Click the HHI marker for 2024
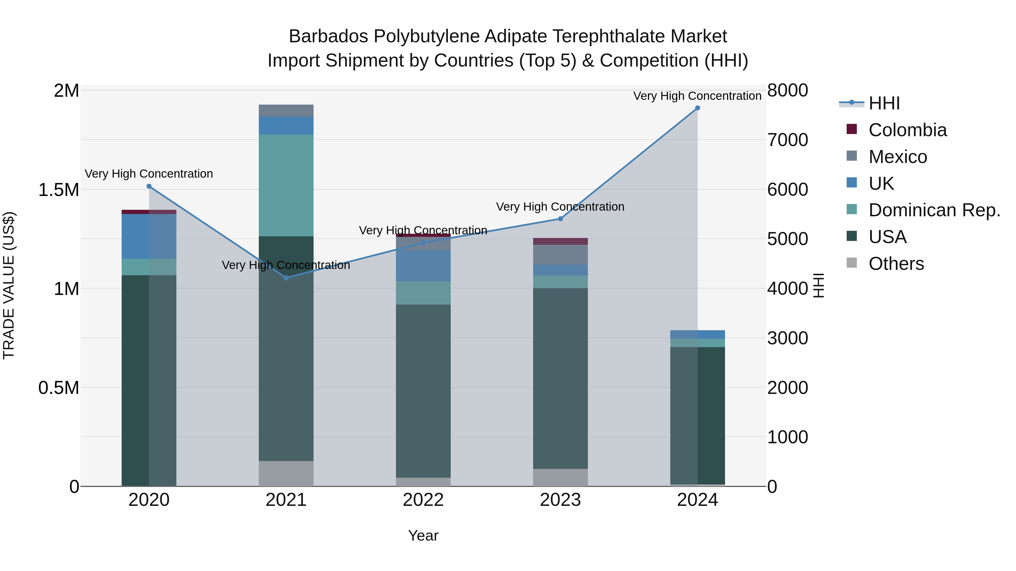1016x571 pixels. (697, 108)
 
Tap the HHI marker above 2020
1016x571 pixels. (149, 186)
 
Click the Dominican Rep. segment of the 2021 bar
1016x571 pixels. (286, 185)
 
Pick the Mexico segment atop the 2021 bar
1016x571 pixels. (286, 111)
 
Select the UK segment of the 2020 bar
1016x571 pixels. (149, 237)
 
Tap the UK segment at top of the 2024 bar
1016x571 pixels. (697, 334)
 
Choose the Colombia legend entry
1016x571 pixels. (907, 130)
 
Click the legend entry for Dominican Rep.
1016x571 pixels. (934, 210)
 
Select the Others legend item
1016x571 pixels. (896, 264)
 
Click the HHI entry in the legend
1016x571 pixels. (884, 103)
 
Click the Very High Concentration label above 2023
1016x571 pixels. (560, 207)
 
